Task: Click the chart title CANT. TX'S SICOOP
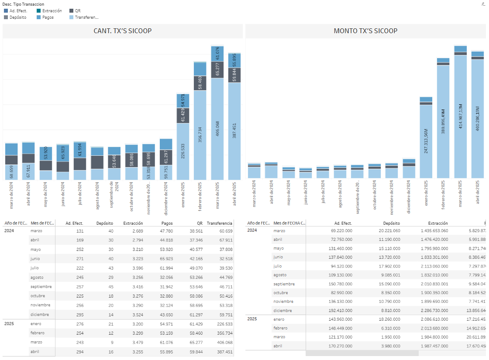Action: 123,31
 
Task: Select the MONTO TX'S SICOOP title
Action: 365,31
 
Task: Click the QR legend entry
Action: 78,10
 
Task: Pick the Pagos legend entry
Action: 48,17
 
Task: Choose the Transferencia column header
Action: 219,223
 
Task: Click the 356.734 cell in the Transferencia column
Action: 222,333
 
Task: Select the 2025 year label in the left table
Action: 10,324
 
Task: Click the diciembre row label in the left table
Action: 40,315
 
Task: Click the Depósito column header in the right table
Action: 392,223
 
